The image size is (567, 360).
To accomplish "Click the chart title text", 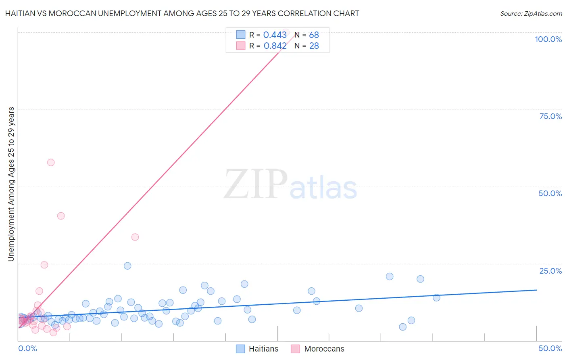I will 182,13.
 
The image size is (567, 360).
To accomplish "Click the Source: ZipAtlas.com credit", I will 531,13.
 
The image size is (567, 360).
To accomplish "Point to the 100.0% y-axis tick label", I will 548,39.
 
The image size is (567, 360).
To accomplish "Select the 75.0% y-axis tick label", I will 550,116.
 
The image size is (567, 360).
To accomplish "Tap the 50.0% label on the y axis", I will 550,193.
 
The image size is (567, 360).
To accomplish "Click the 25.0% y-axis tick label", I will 550,271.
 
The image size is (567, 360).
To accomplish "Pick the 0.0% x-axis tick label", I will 27,348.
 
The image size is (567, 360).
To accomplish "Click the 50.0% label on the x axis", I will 550,348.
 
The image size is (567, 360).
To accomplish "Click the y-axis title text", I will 11,184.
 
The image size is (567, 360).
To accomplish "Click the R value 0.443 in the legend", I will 275,35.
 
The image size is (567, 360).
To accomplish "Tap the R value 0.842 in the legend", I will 275,46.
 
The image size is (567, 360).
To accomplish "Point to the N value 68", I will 314,35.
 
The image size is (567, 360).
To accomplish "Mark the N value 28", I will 314,46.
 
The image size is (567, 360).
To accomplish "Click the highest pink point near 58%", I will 51,162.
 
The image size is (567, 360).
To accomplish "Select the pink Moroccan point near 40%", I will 61,216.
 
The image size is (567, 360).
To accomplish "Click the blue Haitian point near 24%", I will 127,266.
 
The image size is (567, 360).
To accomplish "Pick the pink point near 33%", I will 135,237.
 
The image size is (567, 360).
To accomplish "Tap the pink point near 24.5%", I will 44,265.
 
